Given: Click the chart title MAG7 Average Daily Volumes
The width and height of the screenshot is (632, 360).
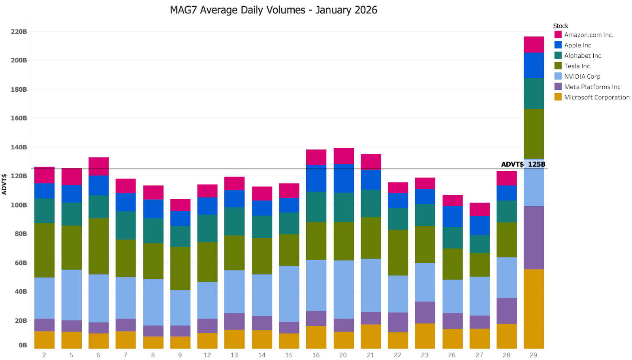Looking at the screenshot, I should click(x=273, y=10).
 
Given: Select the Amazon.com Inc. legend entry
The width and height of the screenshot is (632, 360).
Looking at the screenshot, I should click(x=588, y=35).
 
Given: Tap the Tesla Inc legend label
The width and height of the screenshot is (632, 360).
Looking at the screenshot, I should click(x=577, y=66).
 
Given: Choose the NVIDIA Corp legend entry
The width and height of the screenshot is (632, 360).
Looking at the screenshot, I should click(x=582, y=76).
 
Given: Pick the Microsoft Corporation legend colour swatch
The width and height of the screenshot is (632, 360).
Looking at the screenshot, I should click(x=558, y=97).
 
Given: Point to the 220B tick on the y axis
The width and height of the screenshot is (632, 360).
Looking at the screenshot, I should click(x=19, y=32).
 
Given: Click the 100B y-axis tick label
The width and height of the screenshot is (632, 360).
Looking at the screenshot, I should click(x=19, y=205).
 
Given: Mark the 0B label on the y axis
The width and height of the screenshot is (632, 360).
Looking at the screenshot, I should click(x=23, y=345).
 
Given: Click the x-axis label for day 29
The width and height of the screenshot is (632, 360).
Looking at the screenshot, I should click(x=533, y=355).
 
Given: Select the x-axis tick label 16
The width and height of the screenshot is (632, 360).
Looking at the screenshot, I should click(x=316, y=355).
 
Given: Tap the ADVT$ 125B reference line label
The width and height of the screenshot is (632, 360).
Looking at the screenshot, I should click(x=523, y=164).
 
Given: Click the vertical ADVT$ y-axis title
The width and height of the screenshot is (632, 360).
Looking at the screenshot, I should click(x=4, y=184).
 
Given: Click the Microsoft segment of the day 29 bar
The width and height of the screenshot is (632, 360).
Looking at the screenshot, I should click(x=534, y=309).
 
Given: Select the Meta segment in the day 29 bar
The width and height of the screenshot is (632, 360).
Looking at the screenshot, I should click(x=534, y=237).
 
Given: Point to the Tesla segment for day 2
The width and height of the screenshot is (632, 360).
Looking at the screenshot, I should click(x=44, y=250).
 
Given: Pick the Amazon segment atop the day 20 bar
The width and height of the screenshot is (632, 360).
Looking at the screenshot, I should click(x=343, y=156).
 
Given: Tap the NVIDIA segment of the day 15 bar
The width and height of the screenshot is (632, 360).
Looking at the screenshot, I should click(x=289, y=294).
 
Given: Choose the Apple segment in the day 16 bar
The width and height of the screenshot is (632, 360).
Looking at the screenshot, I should click(x=316, y=178).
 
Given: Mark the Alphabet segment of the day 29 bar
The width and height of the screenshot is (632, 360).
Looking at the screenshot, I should click(x=534, y=93).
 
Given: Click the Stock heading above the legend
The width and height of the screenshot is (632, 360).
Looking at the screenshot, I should click(x=561, y=26).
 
